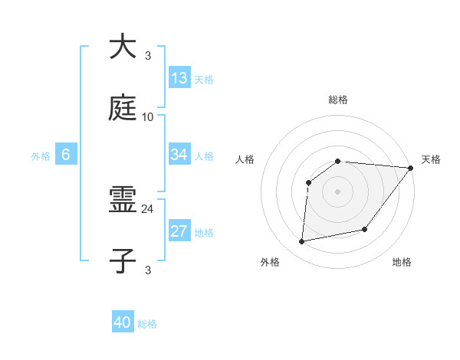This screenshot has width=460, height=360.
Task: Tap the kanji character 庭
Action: tap(124, 108)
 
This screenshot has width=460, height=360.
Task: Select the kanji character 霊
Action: tap(124, 201)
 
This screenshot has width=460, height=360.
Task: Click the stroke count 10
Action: tap(148, 117)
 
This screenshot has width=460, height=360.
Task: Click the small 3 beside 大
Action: tap(148, 56)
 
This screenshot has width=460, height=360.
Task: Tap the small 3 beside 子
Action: tap(148, 270)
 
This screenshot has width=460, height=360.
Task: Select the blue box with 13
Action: tap(179, 78)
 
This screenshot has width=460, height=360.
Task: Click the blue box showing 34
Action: tap(179, 155)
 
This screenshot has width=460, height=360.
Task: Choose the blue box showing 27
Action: tap(179, 231)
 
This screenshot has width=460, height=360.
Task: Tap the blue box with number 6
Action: tap(66, 155)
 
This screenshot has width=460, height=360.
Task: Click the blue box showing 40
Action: tap(123, 322)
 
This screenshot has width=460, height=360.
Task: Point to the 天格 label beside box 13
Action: tap(204, 80)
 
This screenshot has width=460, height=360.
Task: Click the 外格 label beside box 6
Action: tap(41, 156)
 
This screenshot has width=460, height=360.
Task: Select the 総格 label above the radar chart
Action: tap(338, 100)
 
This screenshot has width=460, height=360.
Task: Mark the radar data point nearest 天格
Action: tap(411, 167)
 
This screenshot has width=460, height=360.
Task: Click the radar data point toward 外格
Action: tap(302, 242)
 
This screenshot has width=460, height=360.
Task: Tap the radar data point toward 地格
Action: tap(365, 229)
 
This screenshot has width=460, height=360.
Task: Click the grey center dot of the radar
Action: tap(338, 191)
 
